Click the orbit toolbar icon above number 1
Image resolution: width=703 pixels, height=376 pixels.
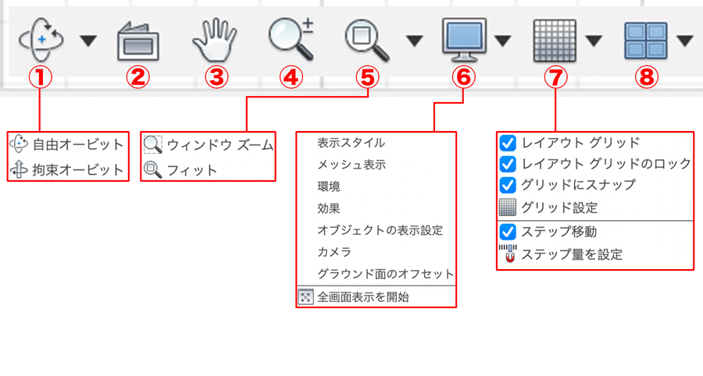pos(41,40)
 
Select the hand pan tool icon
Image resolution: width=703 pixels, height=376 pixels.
pos(215,40)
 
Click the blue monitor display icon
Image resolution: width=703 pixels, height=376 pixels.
pos(464,40)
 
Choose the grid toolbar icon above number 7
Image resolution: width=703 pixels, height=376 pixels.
pos(555,41)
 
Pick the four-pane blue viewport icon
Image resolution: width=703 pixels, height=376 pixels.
pos(646,41)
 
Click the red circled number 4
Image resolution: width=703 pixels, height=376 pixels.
pos(291,77)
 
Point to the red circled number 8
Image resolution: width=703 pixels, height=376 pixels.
pos(646,77)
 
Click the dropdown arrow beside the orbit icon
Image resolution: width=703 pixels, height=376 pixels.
pos(88,41)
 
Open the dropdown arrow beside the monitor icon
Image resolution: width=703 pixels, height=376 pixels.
pos(503,41)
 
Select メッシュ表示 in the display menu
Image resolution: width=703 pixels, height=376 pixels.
pos(351,165)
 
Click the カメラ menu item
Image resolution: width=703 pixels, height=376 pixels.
pos(334,252)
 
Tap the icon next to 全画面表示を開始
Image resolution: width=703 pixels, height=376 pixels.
pos(305,296)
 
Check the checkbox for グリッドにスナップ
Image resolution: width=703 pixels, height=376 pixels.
pos(508,185)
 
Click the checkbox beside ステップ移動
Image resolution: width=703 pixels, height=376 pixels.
pos(508,232)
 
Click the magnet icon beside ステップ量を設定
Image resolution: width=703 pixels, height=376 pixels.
pos(508,254)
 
